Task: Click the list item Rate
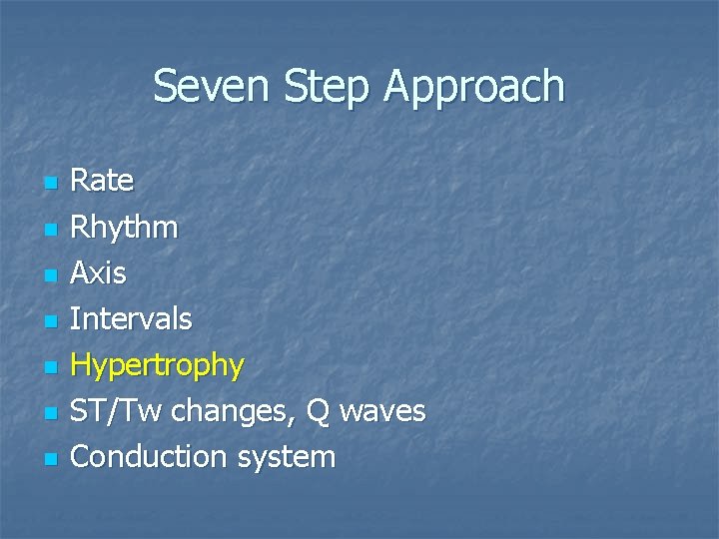[x=102, y=181]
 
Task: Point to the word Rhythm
[x=125, y=228]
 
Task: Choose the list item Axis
[x=99, y=272]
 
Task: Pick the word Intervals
[x=132, y=319]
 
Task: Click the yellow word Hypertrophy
[x=158, y=365]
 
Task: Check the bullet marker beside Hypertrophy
[x=52, y=367]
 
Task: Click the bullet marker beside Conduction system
[x=52, y=459]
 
